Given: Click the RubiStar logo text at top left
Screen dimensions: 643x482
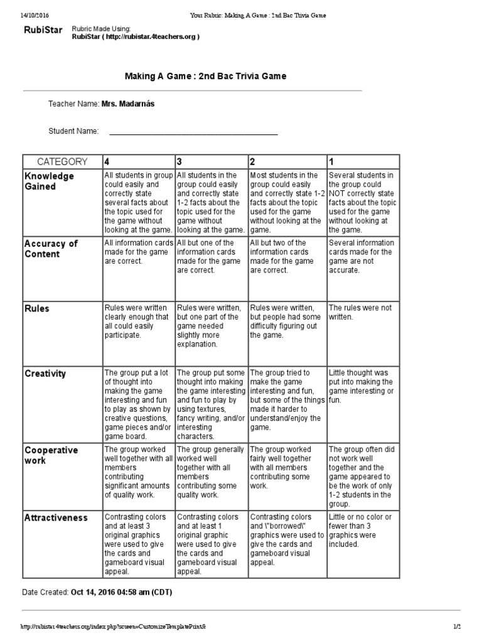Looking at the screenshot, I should (x=43, y=31).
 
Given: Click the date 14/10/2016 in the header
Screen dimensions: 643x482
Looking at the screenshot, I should (x=22, y=14).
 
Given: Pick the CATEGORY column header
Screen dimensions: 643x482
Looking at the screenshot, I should (x=62, y=161).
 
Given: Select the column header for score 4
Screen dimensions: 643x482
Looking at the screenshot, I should (x=108, y=161).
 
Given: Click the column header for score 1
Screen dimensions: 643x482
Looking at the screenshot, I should (x=333, y=161).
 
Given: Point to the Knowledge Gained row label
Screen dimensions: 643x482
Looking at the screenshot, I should (x=49, y=181).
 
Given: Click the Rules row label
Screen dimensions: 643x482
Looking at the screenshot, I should (x=37, y=308).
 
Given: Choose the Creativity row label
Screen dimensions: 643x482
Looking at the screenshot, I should (x=45, y=374).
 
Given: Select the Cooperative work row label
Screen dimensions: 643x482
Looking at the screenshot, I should (x=51, y=455).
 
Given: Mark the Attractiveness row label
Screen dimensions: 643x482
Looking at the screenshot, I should (x=56, y=517).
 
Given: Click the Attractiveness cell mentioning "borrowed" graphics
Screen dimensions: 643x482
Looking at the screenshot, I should (x=287, y=540).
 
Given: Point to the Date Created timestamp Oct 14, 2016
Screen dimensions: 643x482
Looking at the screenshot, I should (x=121, y=592).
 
